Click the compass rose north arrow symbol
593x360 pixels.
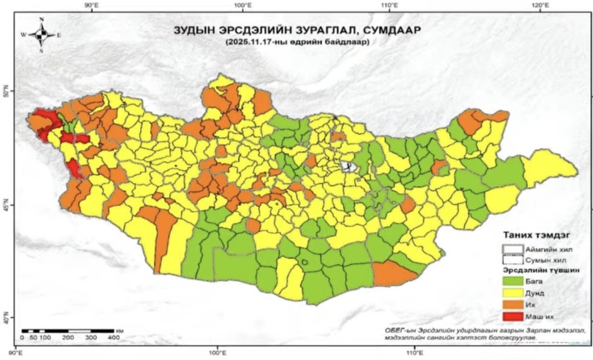point(41,34)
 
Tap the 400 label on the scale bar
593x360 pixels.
point(113,338)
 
